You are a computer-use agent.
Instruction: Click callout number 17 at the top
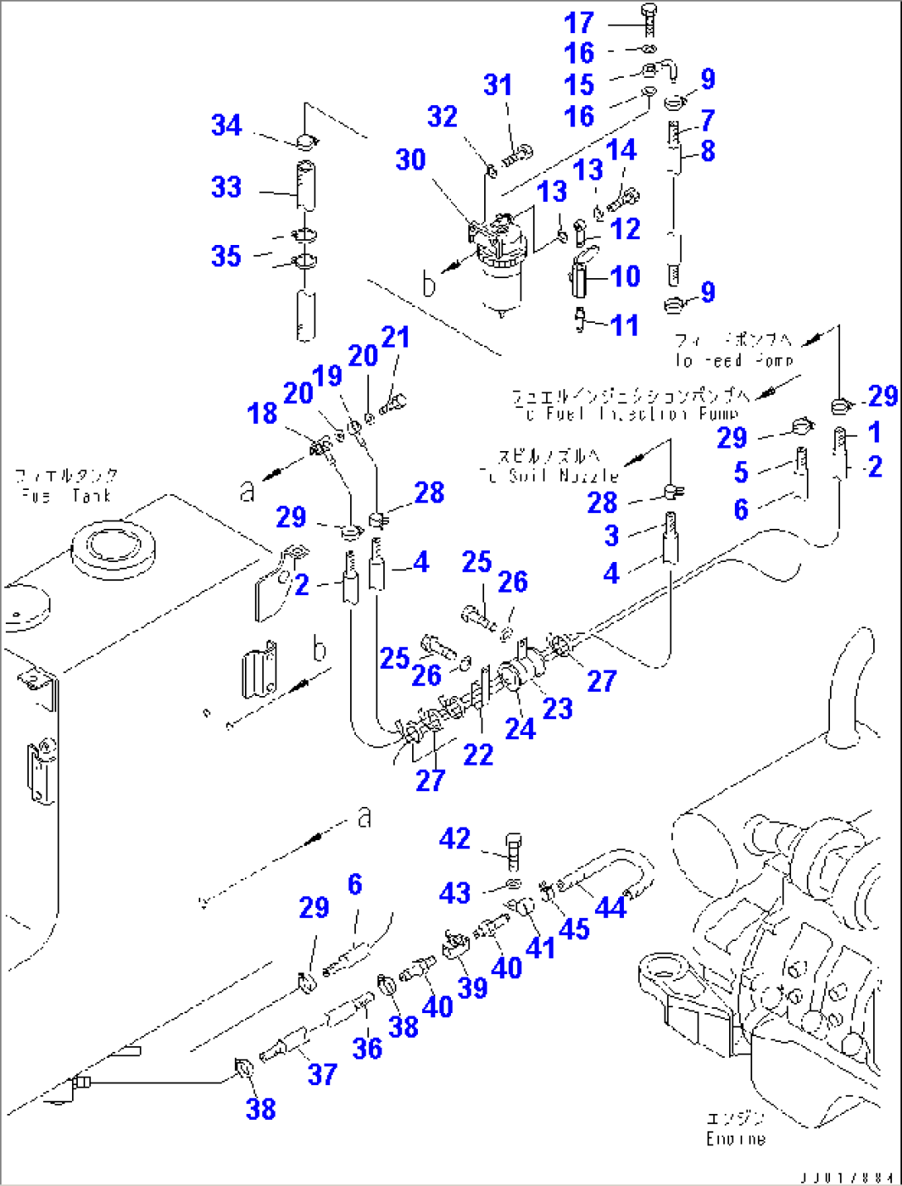[579, 22]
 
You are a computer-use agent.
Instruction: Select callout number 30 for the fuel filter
[410, 160]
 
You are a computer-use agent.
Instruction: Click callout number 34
[226, 125]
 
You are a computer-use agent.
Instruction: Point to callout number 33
[226, 187]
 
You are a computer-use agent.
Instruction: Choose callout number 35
[226, 256]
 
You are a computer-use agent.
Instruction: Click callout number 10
[626, 276]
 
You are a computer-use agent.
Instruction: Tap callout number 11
[626, 325]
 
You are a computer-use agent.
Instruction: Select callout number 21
[396, 337]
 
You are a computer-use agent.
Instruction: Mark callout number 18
[262, 413]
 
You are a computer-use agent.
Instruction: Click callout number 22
[478, 755]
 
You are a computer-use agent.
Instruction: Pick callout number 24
[521, 729]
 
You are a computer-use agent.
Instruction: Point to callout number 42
[455, 838]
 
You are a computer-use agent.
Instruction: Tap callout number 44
[611, 908]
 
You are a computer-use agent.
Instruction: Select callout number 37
[322, 1074]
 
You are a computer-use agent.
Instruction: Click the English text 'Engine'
[736, 1140]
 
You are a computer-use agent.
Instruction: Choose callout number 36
[367, 1049]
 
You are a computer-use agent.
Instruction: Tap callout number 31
[498, 84]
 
